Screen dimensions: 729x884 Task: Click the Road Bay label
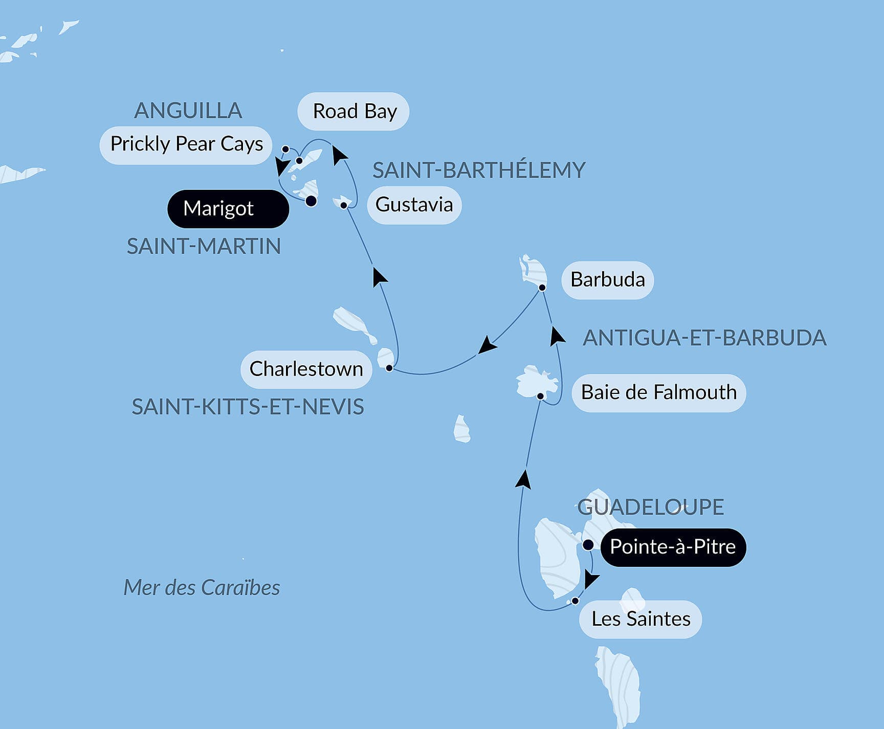353,112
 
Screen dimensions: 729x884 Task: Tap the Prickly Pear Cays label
186,145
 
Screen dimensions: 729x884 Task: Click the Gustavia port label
414,205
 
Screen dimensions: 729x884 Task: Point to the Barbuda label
607,280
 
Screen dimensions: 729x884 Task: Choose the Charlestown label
306,369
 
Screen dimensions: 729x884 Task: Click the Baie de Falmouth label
658,393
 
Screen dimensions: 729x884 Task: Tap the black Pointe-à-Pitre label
673,547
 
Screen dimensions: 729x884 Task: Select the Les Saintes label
640,620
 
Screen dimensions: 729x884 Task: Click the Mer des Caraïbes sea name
202,588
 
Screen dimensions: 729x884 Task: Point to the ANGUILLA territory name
188,111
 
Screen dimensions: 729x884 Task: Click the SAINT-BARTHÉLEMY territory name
479,170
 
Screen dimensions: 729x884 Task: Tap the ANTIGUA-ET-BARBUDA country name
704,338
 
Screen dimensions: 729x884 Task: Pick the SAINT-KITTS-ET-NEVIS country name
248,407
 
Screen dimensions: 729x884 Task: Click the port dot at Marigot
311,201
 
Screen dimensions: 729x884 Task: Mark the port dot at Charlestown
389,368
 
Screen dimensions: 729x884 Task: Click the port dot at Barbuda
542,288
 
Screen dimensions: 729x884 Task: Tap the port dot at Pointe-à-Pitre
588,545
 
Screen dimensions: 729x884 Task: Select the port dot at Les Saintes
575,601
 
